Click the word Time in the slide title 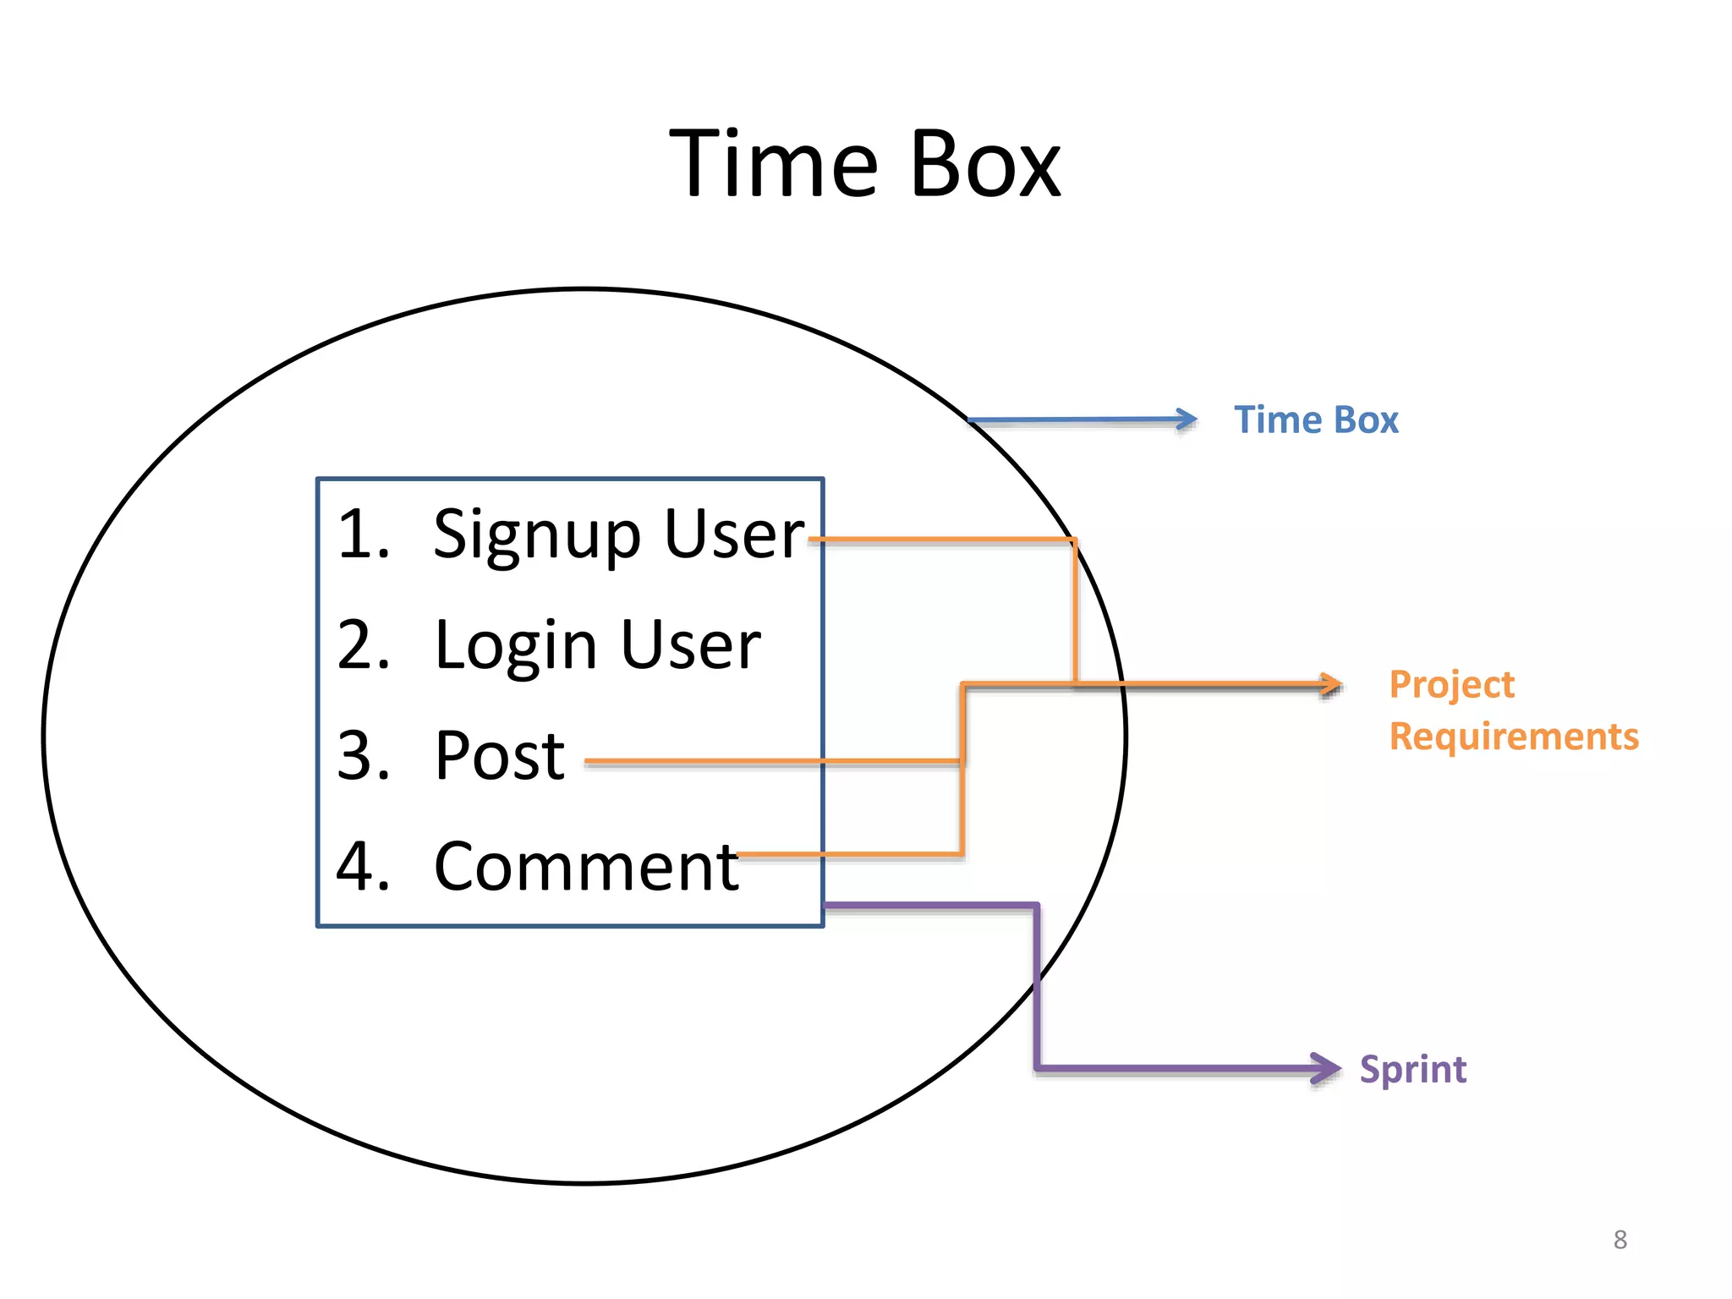point(773,165)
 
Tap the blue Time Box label point(1316,420)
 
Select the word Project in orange point(1451,685)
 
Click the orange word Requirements point(1514,737)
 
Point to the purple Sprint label point(1412,1070)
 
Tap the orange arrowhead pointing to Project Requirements point(1332,684)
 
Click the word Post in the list point(499,756)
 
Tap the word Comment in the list point(586,868)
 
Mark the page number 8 point(1620,1240)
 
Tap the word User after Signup point(733,535)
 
